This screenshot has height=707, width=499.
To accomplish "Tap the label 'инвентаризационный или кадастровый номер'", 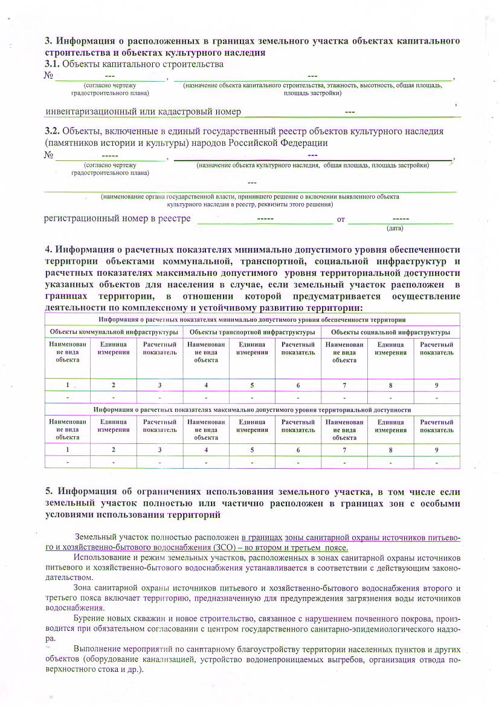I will click(143, 111).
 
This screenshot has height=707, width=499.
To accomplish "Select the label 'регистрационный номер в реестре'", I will click(117, 218).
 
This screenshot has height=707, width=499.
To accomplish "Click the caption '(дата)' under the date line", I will click(395, 228).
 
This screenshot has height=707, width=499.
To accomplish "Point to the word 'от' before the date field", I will click(341, 219).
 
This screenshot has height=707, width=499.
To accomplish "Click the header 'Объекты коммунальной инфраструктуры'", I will click(114, 332).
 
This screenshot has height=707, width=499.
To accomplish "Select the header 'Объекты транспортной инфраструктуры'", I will click(252, 332).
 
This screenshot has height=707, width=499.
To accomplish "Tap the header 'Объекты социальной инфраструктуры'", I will click(390, 332).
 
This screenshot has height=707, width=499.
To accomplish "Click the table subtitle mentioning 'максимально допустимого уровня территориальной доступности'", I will click(252, 409).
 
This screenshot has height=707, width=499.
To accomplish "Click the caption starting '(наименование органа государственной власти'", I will click(250, 197).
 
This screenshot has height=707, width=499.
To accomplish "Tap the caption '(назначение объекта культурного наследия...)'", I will click(312, 165).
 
